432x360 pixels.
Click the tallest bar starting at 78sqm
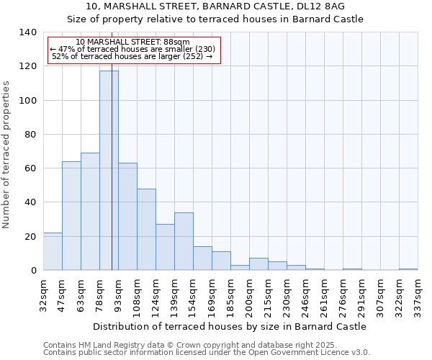(108, 171)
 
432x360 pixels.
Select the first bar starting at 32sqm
(53, 251)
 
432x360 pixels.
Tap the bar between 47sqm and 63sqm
(71, 216)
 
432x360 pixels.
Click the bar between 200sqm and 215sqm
(258, 264)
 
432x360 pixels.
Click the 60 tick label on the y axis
(30, 168)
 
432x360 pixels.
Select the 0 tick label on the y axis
(32, 271)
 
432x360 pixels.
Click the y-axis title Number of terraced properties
(7, 154)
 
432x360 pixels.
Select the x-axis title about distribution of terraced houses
(230, 326)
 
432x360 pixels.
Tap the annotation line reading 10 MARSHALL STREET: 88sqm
(132, 42)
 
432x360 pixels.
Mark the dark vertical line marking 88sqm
(112, 180)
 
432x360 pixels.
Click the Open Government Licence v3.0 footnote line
(207, 353)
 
